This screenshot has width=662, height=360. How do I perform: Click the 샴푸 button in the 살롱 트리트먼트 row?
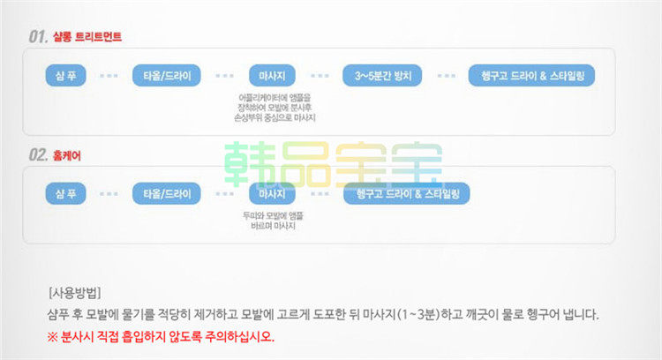pos(65,76)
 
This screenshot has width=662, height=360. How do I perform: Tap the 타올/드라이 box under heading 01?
pos(167,76)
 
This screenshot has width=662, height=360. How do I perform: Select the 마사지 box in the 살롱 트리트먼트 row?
pos(273,76)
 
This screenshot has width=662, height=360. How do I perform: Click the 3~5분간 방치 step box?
pos(385,76)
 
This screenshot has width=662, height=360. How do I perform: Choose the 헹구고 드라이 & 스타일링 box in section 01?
pos(530,76)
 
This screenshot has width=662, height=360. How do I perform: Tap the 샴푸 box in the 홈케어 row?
pos(65,192)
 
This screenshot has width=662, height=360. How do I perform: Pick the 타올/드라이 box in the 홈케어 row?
pos(167,192)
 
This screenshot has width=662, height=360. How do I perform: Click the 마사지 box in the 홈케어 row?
pos(273,192)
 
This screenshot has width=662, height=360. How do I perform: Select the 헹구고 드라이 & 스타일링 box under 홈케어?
pos(406,192)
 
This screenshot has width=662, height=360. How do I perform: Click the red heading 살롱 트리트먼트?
pos(86,37)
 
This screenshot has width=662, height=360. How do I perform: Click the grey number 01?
pos(37,37)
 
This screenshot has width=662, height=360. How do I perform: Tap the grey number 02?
pos(37,154)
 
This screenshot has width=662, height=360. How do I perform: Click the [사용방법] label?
pos(74,293)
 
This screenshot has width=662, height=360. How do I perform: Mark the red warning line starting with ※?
pos(161,336)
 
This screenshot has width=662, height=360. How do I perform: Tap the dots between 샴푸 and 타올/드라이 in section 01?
pos(109,76)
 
